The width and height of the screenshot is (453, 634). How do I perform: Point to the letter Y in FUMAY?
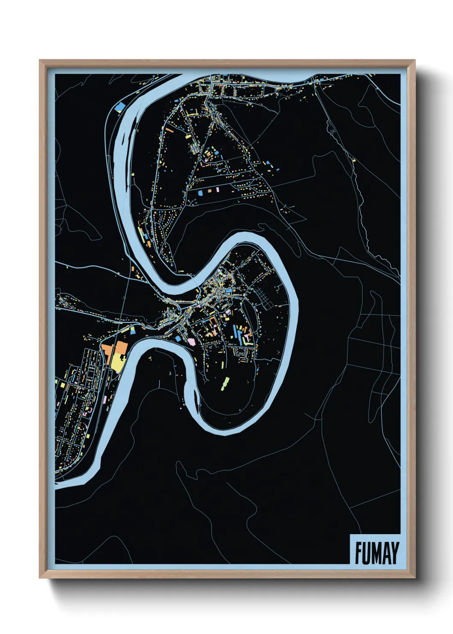394,553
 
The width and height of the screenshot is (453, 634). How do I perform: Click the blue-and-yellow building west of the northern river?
121,107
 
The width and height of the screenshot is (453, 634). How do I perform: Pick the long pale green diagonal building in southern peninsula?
224,383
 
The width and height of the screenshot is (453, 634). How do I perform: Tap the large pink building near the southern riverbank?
191,341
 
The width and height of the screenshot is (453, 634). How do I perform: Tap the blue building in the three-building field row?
200,193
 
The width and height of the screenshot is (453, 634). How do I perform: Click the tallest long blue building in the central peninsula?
235,331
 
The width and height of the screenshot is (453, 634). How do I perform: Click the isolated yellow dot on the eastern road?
354,160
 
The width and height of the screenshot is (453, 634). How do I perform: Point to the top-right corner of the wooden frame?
414,61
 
